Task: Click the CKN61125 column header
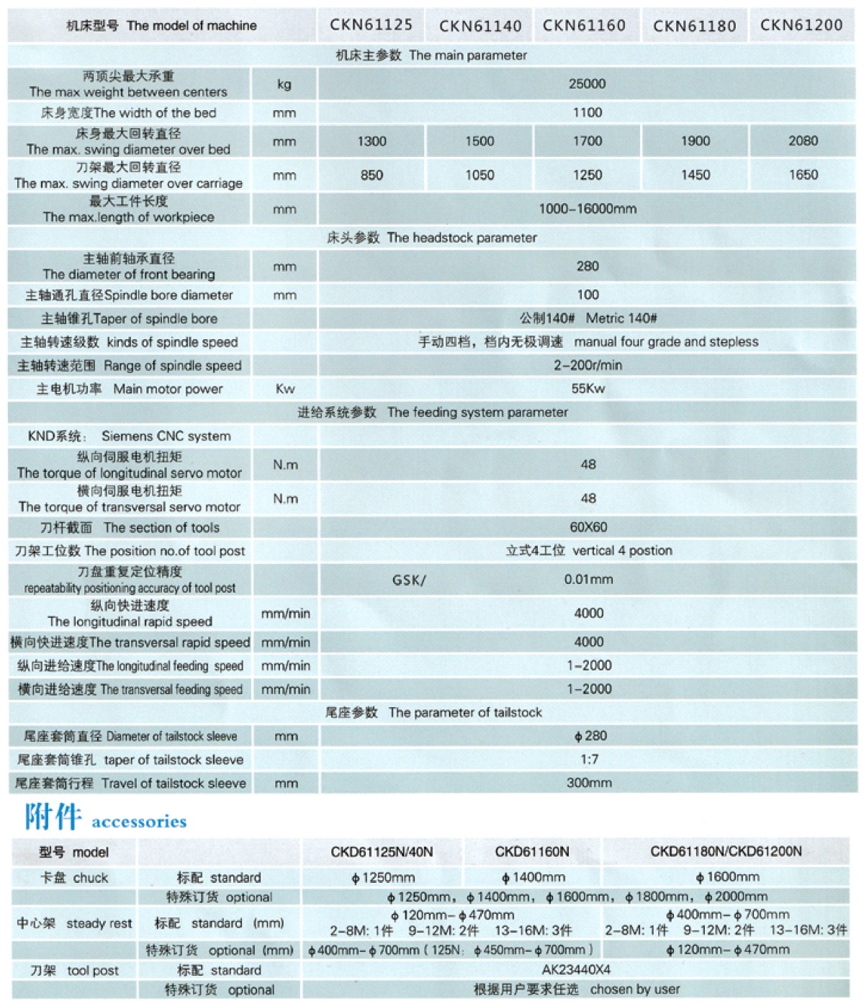[371, 25]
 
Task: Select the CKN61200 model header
[801, 25]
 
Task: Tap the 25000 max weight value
[587, 84]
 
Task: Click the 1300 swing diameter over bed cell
[372, 141]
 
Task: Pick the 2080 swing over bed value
[803, 141]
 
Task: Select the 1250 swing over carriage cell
[587, 175]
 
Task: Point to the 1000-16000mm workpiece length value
[588, 209]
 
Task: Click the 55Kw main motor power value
[588, 389]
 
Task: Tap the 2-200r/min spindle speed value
[588, 365]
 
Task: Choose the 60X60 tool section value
[588, 527]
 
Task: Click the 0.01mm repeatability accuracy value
[588, 579]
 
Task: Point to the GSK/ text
[409, 580]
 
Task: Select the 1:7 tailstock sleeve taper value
[589, 759]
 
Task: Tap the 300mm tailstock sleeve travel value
[589, 783]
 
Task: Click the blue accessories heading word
[139, 822]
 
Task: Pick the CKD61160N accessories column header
[532, 852]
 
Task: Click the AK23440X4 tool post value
[576, 969]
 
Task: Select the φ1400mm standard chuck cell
[533, 877]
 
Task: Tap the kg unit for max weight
[284, 84]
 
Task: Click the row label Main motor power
[168, 389]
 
